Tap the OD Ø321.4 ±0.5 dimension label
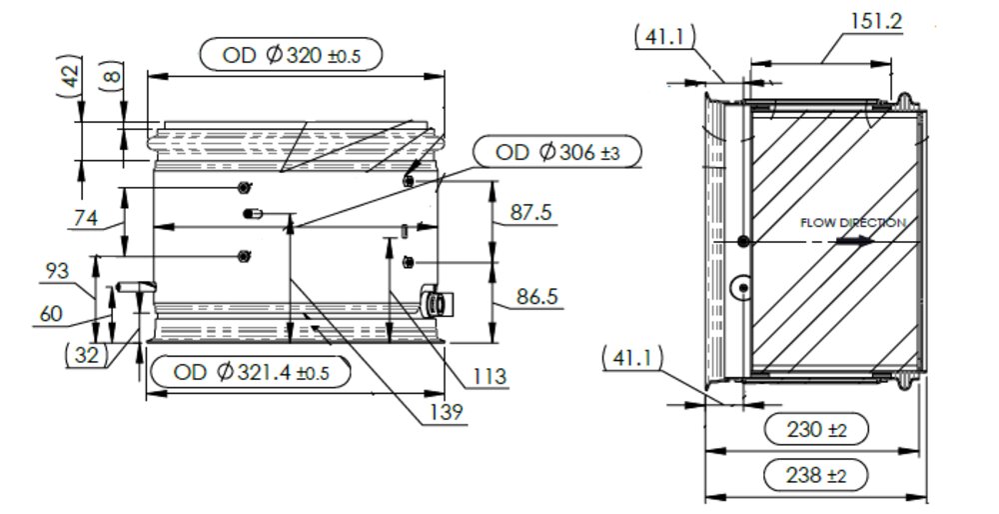pos(251,373)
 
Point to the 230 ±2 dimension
pos(815,429)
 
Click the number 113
pos(490,376)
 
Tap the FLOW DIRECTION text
pos(852,223)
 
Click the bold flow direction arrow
pos(853,240)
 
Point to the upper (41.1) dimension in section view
pos(663,37)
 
